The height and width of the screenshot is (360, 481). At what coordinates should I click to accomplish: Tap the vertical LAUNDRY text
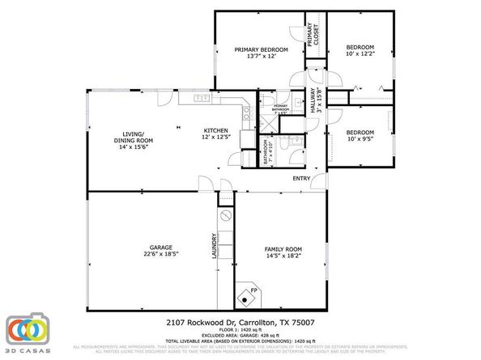(214, 248)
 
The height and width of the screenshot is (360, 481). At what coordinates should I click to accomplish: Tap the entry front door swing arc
(317, 183)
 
